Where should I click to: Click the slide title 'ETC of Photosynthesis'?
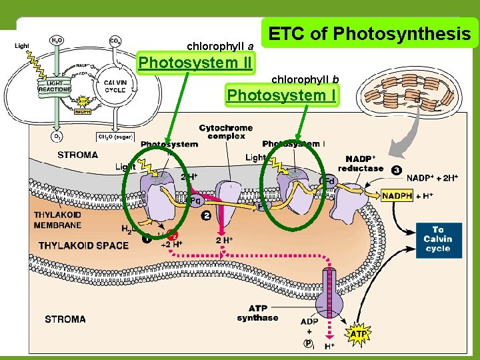(369, 33)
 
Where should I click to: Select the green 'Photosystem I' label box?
(281, 95)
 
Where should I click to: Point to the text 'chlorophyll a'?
(220, 47)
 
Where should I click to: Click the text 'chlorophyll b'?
(305, 80)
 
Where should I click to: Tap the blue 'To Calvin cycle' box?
(437, 239)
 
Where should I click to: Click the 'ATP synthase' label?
(257, 313)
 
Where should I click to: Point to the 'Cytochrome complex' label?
(226, 131)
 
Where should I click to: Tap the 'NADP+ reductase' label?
(361, 164)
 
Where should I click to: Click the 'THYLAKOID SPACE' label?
(83, 245)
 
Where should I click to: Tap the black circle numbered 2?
(207, 216)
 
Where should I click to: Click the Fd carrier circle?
(328, 181)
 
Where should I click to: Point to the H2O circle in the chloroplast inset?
(57, 41)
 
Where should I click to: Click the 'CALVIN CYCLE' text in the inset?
(115, 85)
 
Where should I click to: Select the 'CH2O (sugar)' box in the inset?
(115, 137)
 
